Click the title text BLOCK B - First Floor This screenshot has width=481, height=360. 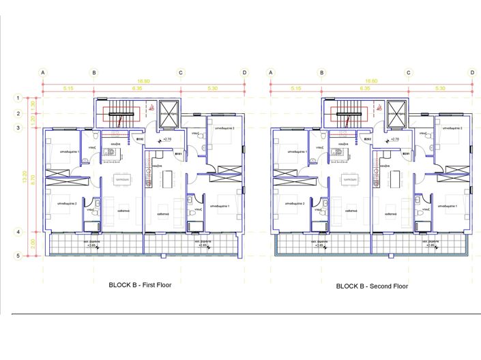(140, 285)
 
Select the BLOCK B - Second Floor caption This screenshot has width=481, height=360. (372, 286)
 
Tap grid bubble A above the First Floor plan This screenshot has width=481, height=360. (43, 72)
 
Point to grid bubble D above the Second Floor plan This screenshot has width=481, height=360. (471, 72)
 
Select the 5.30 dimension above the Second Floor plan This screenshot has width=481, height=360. (439, 88)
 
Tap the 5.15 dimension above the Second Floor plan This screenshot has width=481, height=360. (295, 88)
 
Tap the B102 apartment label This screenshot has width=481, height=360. (139, 139)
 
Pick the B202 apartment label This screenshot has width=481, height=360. (367, 139)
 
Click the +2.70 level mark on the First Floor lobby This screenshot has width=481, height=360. (166, 139)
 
